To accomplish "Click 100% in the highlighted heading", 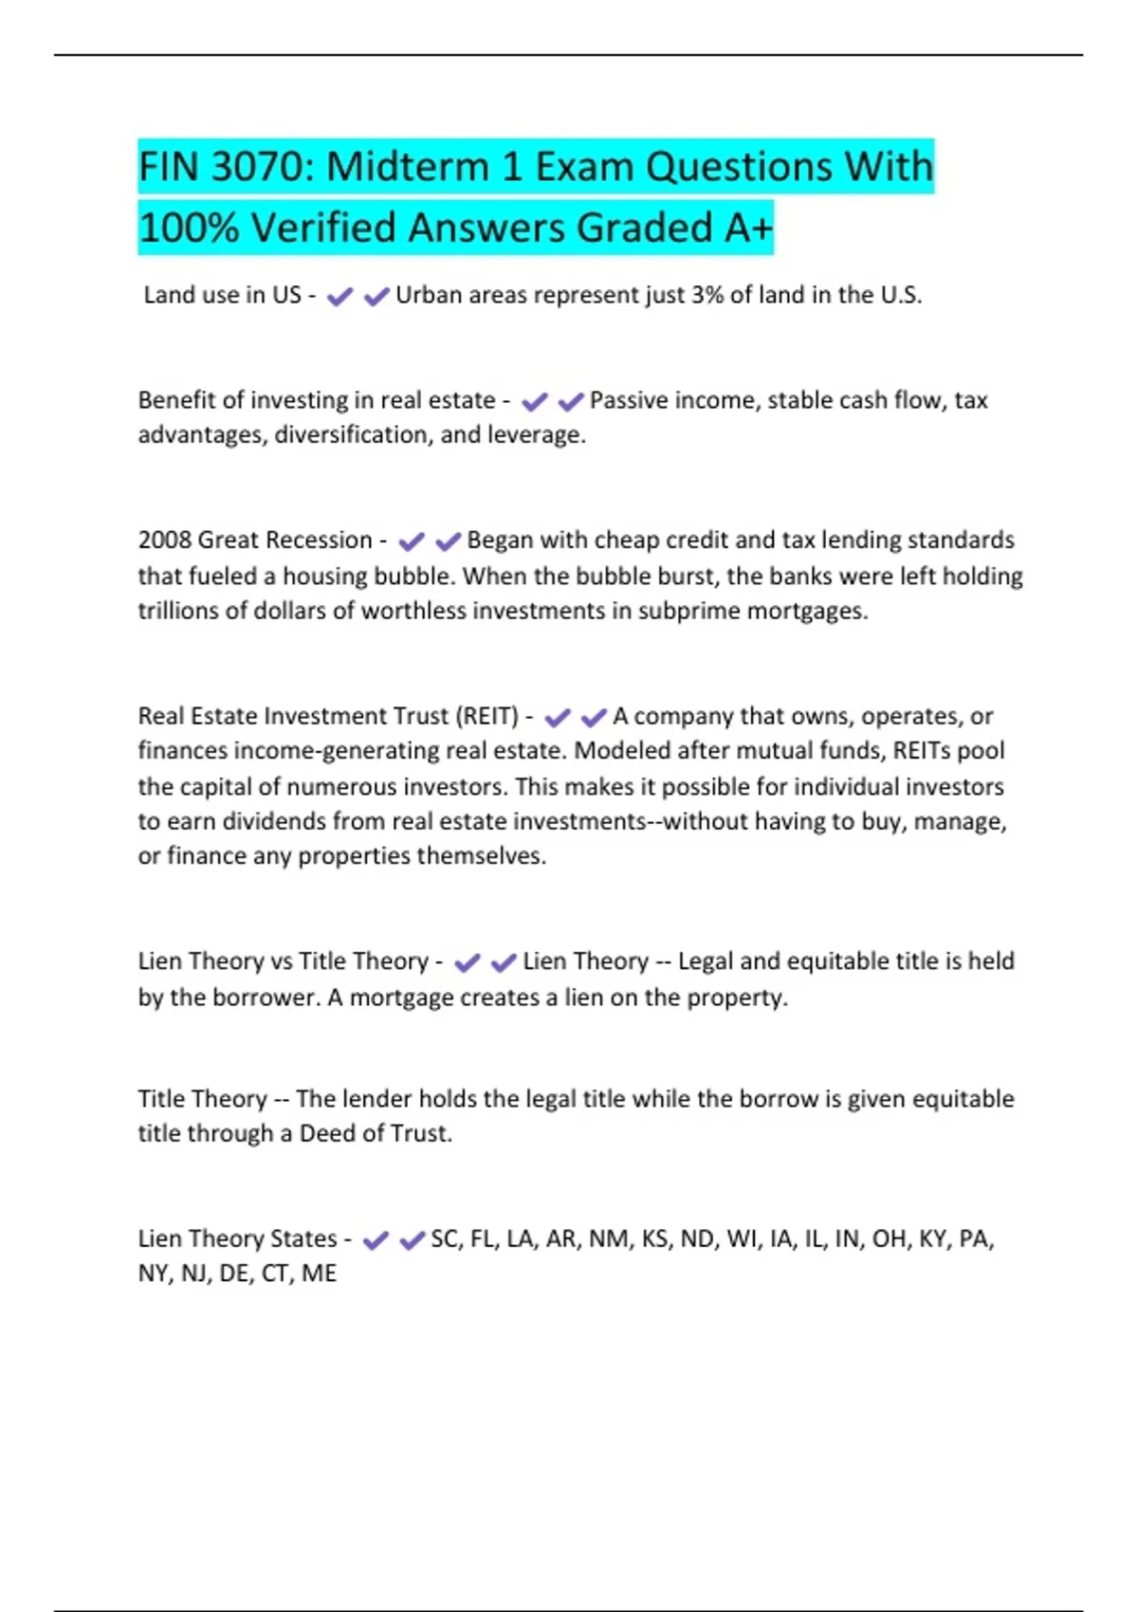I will (187, 228).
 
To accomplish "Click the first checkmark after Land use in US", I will (340, 297).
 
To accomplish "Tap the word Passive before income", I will (626, 400).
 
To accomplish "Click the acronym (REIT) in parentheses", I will (487, 716).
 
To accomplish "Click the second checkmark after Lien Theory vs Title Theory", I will (504, 962).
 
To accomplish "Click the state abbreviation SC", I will (445, 1238).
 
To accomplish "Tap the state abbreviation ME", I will (319, 1273).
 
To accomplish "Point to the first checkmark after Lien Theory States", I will (376, 1240).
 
